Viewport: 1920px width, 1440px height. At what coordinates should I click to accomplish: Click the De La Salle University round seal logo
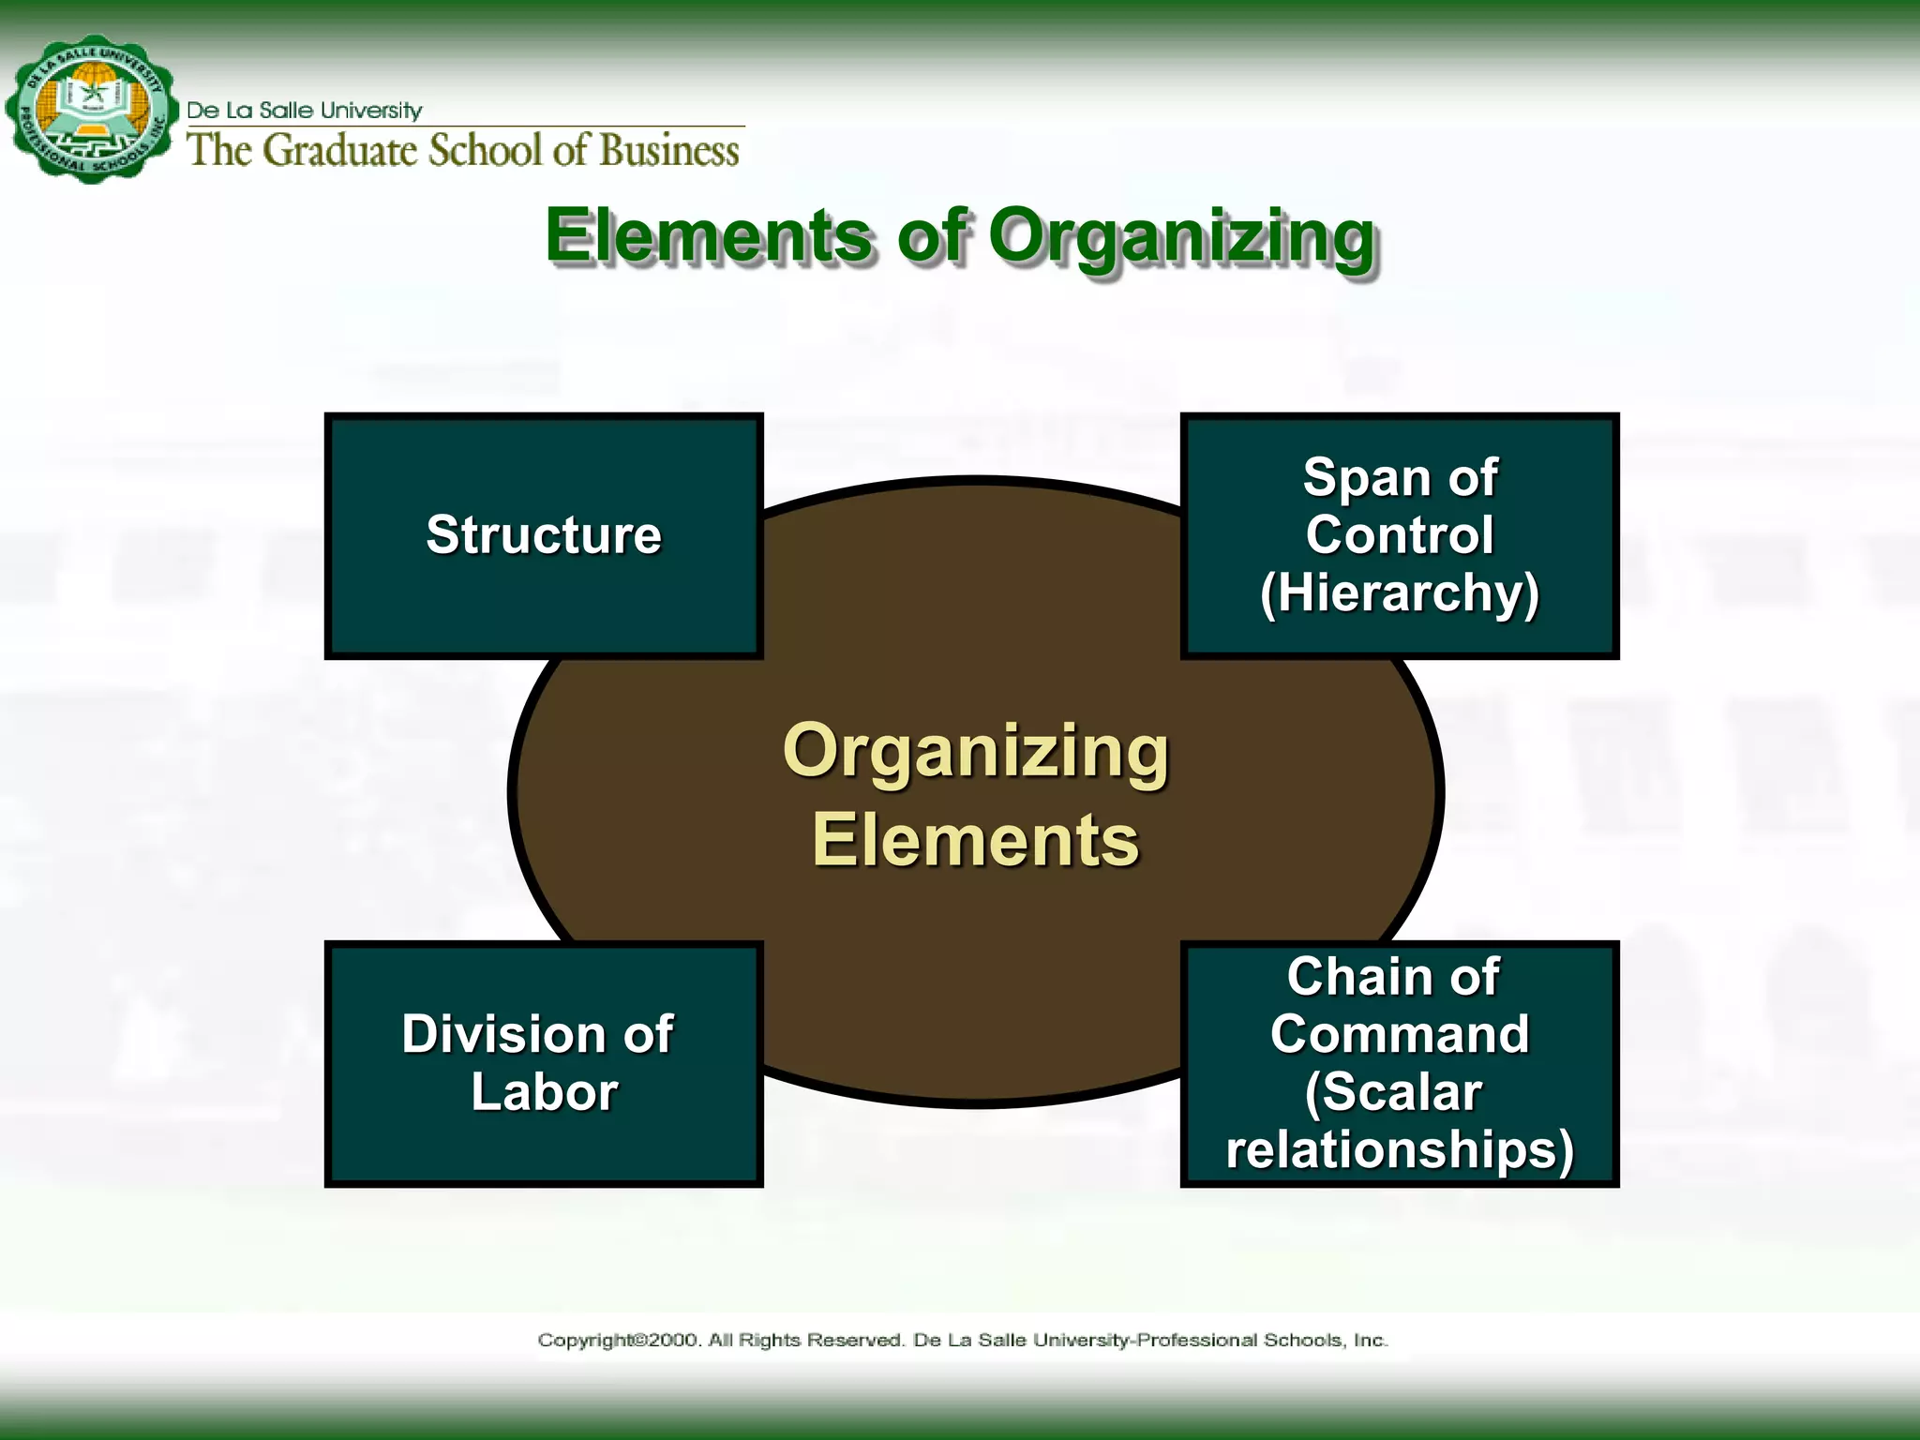[x=91, y=110]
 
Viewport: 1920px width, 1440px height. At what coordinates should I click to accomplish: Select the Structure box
[x=544, y=535]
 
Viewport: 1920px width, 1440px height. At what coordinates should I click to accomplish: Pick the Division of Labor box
[x=544, y=1063]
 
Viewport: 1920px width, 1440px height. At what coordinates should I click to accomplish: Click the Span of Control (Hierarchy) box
[x=1399, y=535]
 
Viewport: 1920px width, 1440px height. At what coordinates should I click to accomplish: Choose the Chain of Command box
[x=1399, y=1063]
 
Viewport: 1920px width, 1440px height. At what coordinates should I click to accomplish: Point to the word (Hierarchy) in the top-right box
[x=1399, y=592]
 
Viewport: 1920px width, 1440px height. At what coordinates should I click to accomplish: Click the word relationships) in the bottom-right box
[x=1399, y=1149]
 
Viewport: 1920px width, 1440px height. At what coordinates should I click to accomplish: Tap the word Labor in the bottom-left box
[x=544, y=1092]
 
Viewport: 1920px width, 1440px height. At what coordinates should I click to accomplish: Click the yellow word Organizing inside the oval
[x=975, y=752]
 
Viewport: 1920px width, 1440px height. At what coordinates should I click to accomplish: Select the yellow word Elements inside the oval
[x=975, y=840]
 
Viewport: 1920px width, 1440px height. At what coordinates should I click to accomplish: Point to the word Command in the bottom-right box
[x=1399, y=1034]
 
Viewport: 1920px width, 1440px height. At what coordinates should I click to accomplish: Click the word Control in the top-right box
[x=1399, y=535]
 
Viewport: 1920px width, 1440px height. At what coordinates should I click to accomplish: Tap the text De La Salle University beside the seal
[x=305, y=111]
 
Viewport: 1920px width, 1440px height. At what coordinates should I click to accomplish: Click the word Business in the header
[x=669, y=150]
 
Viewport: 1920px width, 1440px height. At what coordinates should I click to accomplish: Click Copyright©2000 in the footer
[x=618, y=1340]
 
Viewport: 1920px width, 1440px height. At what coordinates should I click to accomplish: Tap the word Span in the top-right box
[x=1364, y=478]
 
